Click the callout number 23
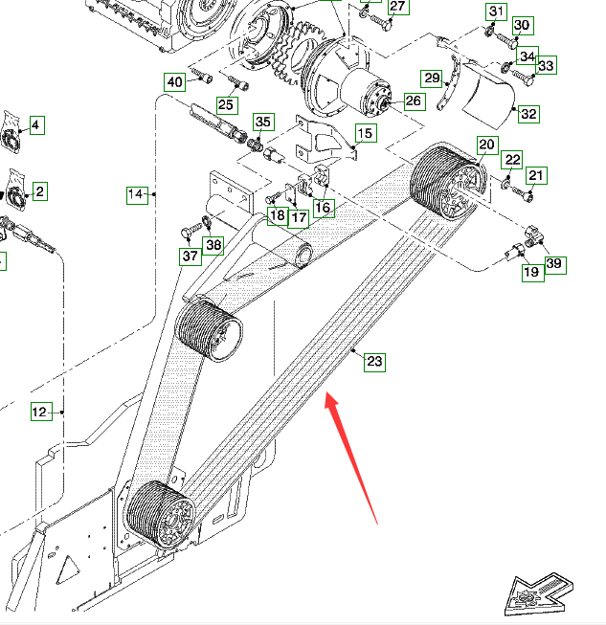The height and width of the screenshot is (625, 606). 374,362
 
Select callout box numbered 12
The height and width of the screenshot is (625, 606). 39,413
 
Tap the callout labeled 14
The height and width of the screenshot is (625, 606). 136,195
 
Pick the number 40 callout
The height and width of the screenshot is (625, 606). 174,81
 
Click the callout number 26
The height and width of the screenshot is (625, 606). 413,100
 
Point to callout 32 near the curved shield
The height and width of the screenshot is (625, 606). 528,114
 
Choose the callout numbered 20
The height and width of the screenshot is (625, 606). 486,145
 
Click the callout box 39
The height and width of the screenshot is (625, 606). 554,264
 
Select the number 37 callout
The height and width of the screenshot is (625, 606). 191,257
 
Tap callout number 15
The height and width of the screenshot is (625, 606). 366,133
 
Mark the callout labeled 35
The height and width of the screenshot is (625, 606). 263,122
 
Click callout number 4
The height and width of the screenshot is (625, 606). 36,125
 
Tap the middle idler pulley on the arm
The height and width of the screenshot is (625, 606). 210,332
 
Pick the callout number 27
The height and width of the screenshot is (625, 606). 397,7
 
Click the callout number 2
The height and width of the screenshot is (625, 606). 39,191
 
